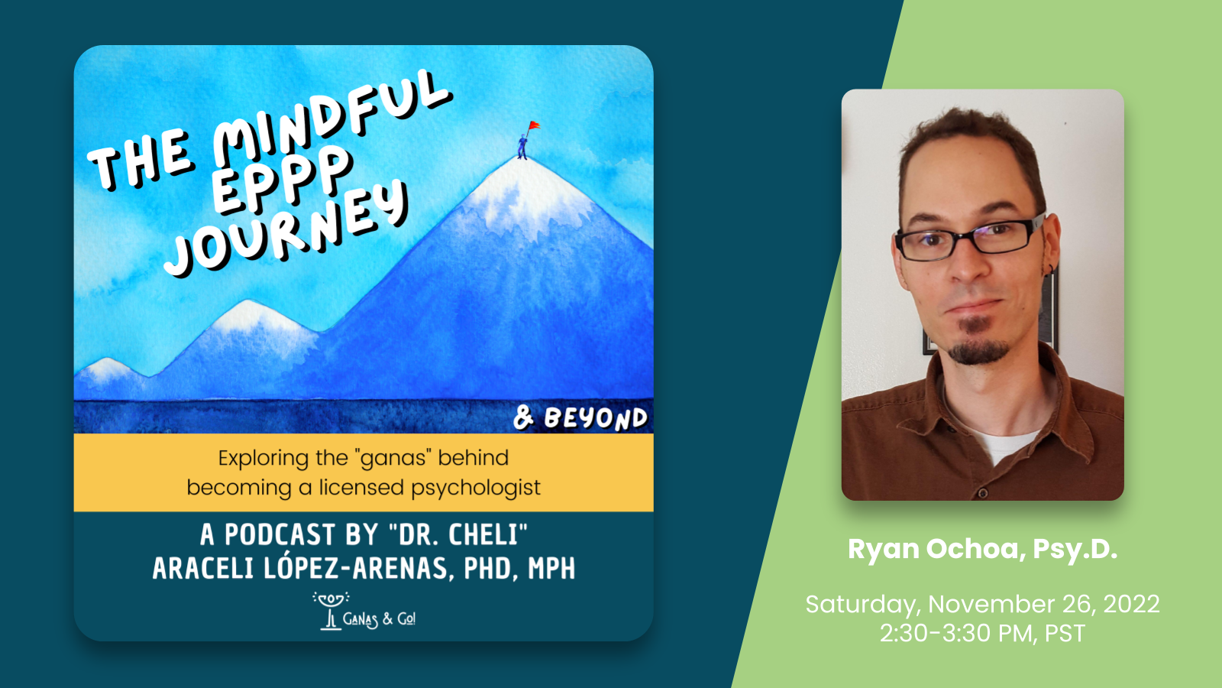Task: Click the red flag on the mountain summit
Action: (x=534, y=126)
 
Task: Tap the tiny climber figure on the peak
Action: (x=522, y=146)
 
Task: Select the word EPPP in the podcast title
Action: (x=280, y=180)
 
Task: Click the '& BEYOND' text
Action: (x=580, y=419)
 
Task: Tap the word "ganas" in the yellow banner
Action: (x=393, y=458)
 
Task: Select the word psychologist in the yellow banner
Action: (x=476, y=488)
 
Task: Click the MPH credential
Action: (x=551, y=569)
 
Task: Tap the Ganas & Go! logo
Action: (x=364, y=612)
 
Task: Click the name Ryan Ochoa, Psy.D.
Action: (x=982, y=550)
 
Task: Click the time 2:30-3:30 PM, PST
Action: (x=982, y=634)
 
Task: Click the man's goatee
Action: (x=978, y=344)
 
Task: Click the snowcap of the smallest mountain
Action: (x=108, y=368)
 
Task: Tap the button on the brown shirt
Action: (x=982, y=493)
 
